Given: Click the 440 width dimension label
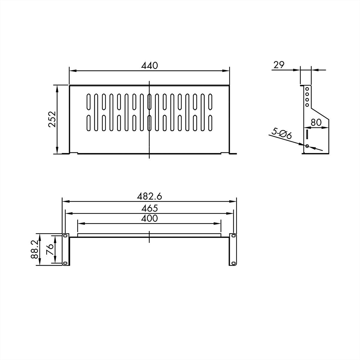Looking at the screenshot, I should click(149, 66).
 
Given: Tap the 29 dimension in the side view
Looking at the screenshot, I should click(279, 65).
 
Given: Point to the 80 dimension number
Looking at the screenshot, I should click(316, 122).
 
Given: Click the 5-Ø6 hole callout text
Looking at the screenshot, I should click(281, 133).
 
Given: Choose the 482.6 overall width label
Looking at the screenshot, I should click(149, 196).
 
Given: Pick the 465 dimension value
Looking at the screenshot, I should click(149, 208).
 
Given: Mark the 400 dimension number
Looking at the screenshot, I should click(149, 218).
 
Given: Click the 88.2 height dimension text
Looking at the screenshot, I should click(35, 249).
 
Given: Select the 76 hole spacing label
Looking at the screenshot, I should click(50, 249).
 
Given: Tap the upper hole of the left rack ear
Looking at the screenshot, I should click(65, 236).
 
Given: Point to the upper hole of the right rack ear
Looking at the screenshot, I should click(233, 236).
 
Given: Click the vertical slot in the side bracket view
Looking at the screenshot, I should click(307, 133).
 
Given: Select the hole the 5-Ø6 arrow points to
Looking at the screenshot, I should click(307, 146).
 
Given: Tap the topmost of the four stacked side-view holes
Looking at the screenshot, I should click(307, 89).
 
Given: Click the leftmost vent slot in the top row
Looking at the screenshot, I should click(88, 102).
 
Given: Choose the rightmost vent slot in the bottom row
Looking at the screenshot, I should click(210, 123).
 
